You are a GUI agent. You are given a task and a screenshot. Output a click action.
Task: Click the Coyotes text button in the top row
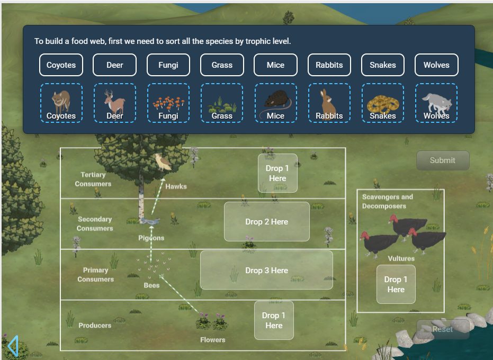61,65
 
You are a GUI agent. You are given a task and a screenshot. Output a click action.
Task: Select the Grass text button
222,65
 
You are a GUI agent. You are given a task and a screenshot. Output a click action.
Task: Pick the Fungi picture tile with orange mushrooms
168,103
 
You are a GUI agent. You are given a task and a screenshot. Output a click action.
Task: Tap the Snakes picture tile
382,103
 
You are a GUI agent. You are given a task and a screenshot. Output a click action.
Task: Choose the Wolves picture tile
436,103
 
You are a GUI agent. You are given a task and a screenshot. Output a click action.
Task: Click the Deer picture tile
114,103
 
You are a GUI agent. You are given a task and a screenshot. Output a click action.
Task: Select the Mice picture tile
275,103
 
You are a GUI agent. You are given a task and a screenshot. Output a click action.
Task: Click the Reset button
442,329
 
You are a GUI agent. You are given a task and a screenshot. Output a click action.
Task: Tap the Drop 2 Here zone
266,222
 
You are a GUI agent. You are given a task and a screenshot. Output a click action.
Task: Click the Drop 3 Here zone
266,270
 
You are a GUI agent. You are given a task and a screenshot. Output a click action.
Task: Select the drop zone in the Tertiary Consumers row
277,173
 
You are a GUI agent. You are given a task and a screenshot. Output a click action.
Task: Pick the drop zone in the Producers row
274,320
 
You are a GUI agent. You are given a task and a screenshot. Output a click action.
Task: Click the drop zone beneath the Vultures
396,284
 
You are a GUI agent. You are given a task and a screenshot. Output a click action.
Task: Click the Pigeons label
151,238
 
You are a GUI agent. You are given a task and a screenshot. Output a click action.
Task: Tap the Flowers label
213,340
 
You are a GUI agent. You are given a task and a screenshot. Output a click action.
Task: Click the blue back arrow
13,346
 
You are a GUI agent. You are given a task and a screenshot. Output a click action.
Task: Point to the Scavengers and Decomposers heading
387,201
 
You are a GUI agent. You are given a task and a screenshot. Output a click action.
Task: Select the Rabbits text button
329,65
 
